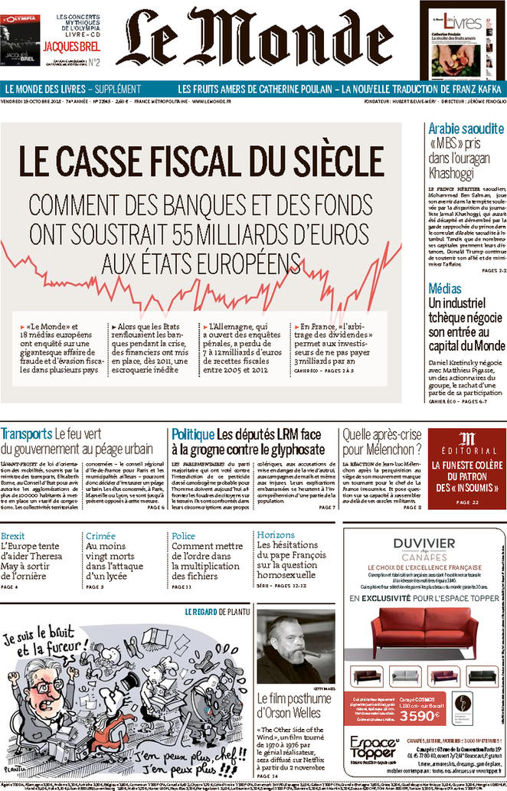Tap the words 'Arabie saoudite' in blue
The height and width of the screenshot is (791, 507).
pos(466,129)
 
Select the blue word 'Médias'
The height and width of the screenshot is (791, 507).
pos(445,289)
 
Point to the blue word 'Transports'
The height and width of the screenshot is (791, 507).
pos(27,433)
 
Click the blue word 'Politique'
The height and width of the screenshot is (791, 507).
pos(192,433)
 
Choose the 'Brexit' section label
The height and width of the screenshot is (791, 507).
pos(13,535)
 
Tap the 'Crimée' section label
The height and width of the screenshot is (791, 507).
pos(101,535)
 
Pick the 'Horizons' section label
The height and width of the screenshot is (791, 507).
pos(276,535)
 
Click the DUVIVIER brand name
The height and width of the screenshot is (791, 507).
pos(424,544)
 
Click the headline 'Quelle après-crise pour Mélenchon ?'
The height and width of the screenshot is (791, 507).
pos(381,441)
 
